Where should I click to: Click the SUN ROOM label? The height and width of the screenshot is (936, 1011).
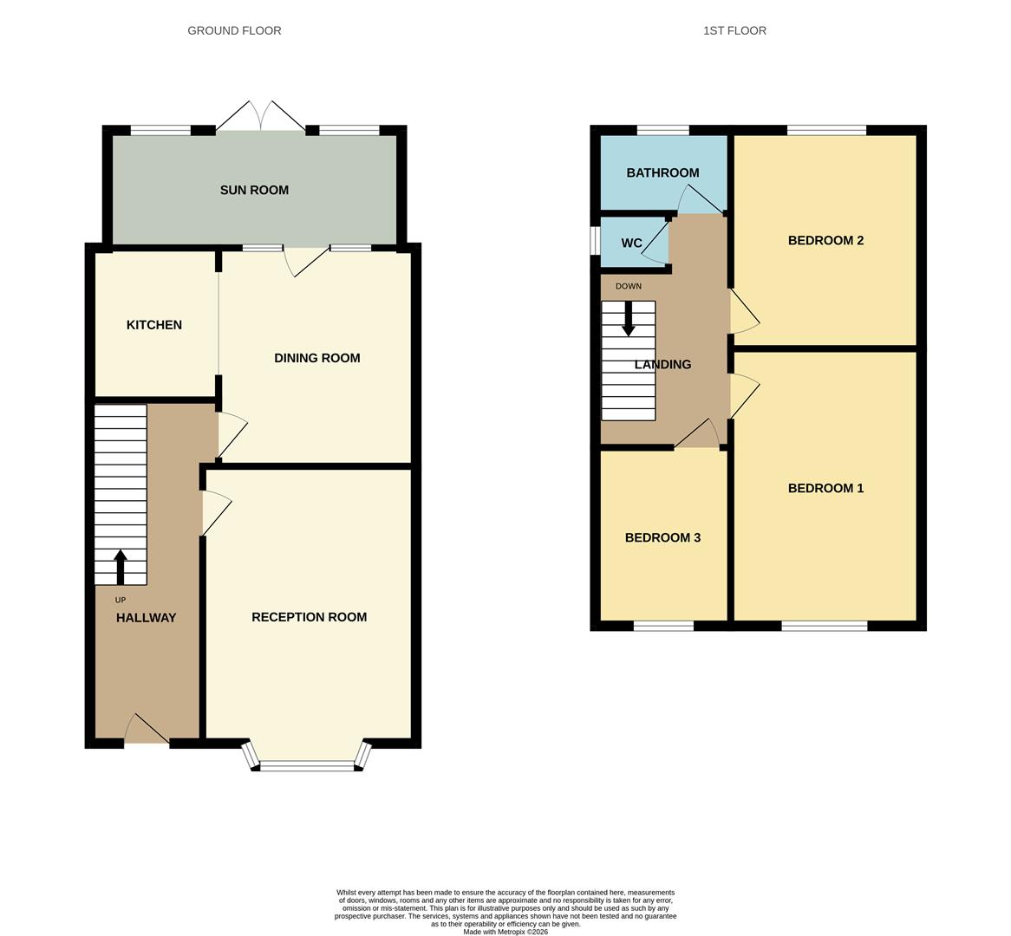tap(254, 191)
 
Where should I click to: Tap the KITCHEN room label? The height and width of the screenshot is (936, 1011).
tap(154, 325)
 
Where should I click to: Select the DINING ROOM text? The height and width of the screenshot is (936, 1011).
tap(316, 358)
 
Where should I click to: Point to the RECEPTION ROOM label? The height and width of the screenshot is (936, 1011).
tap(309, 617)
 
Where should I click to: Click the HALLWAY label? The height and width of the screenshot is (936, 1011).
tap(146, 618)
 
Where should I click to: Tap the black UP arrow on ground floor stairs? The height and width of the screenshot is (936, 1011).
tap(120, 567)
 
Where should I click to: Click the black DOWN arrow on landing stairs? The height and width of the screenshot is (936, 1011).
tap(629, 318)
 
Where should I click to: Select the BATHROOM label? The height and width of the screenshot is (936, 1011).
tap(662, 173)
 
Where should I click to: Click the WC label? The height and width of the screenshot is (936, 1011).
tap(631, 244)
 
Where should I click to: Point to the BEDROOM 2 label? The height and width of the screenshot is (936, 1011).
tap(825, 241)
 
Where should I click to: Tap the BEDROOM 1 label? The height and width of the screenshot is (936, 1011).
tap(825, 489)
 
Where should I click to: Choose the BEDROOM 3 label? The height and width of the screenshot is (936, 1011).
tap(662, 538)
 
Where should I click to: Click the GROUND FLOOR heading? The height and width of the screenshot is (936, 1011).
tap(234, 30)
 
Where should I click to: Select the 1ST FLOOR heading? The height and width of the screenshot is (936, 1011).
tap(734, 30)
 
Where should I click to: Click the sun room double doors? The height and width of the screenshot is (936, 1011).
tap(260, 117)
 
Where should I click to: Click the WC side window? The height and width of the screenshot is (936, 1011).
tap(595, 241)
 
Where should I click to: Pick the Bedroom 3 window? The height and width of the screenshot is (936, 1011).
tap(663, 626)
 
